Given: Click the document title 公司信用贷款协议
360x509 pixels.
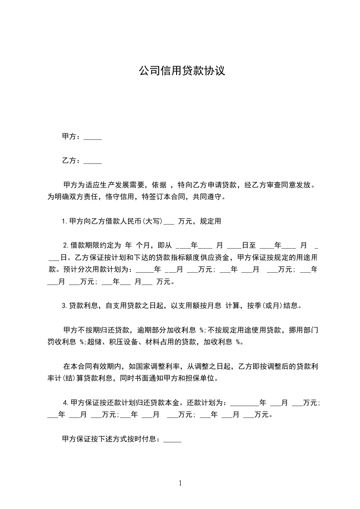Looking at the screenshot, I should [182, 71].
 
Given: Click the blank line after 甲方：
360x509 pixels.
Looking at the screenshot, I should [93, 138].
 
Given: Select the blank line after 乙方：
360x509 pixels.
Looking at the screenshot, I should [93, 162].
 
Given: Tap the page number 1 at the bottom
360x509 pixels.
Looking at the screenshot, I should [180, 483].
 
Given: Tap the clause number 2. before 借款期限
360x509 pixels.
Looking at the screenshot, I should [65, 245].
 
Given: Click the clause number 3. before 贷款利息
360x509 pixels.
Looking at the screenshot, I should [64, 306].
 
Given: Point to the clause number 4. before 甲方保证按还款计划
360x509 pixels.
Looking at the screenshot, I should [66, 402].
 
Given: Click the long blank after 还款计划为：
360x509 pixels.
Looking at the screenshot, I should [244, 404].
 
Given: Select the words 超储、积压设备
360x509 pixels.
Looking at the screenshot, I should [112, 342].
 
